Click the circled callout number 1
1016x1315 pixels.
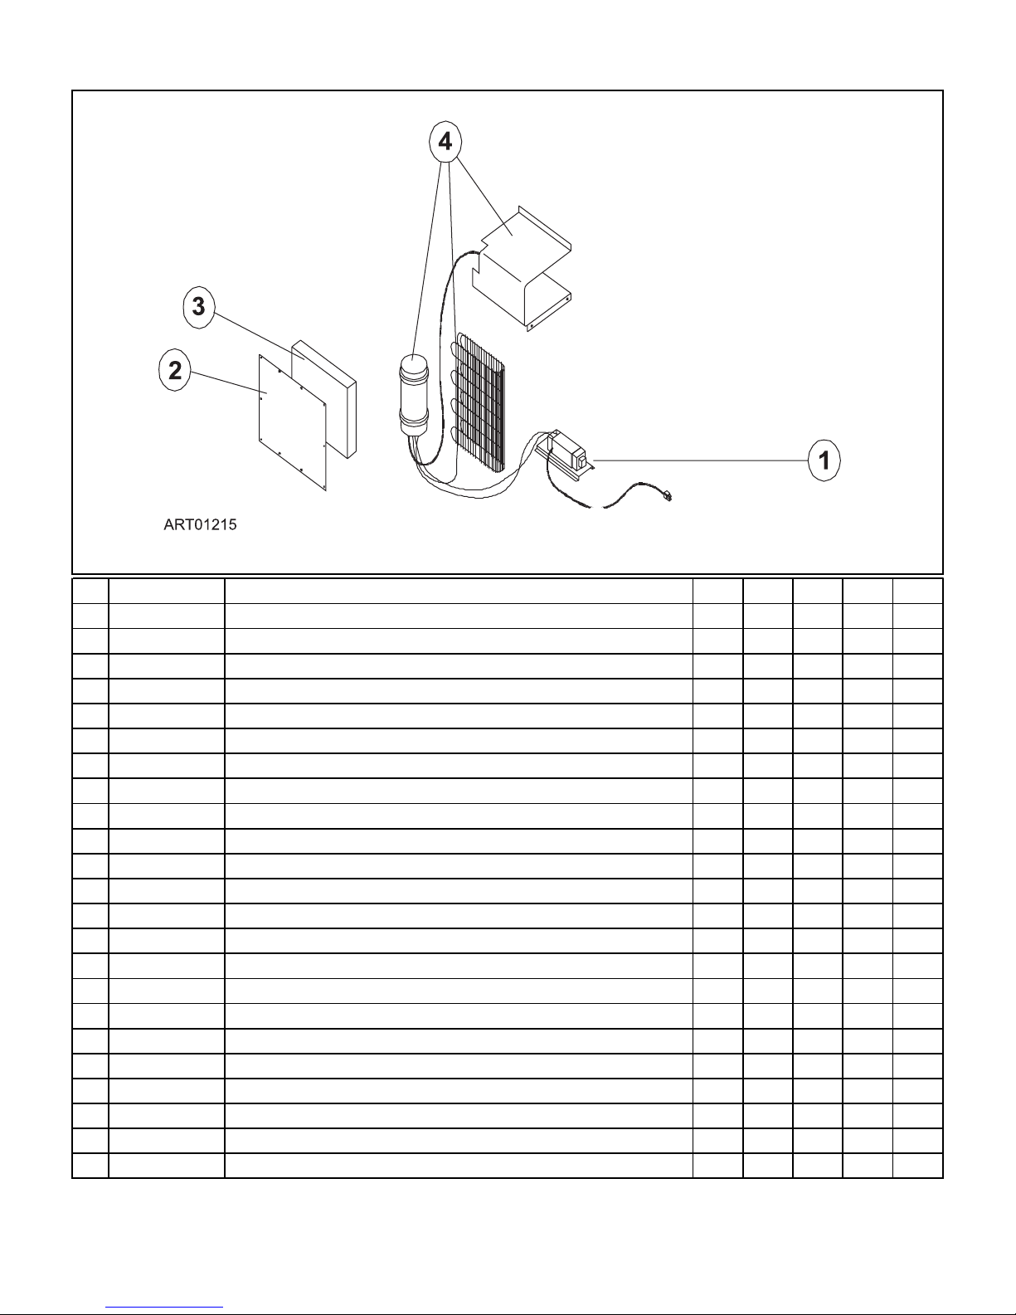coord(824,460)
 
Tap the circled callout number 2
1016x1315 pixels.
coord(175,370)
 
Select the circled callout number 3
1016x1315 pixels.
coord(198,306)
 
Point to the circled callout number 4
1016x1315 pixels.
coord(445,142)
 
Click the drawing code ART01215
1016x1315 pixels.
coord(200,525)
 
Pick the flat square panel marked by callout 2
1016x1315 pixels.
coord(290,423)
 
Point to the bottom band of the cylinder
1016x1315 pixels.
coord(412,425)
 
